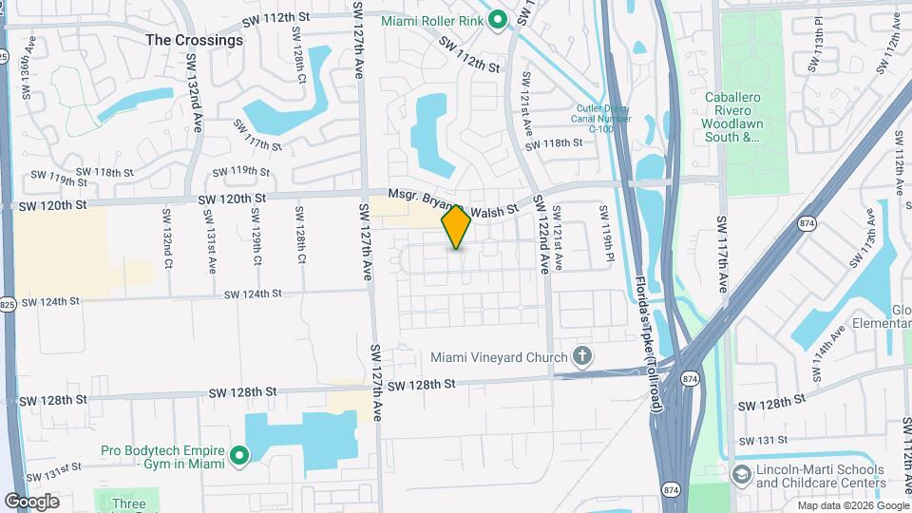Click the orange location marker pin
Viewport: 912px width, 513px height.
point(457,227)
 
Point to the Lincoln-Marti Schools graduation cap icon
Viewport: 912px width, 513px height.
point(741,472)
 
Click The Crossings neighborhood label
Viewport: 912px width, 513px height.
point(195,41)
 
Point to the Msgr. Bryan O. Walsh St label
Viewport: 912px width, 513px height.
point(452,201)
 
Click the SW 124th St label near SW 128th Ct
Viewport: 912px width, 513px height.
point(253,294)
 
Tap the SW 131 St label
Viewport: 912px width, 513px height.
point(764,440)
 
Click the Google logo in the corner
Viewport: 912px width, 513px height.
point(31,501)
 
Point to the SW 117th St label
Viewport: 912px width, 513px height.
point(263,142)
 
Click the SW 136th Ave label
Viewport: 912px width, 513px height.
point(29,68)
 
